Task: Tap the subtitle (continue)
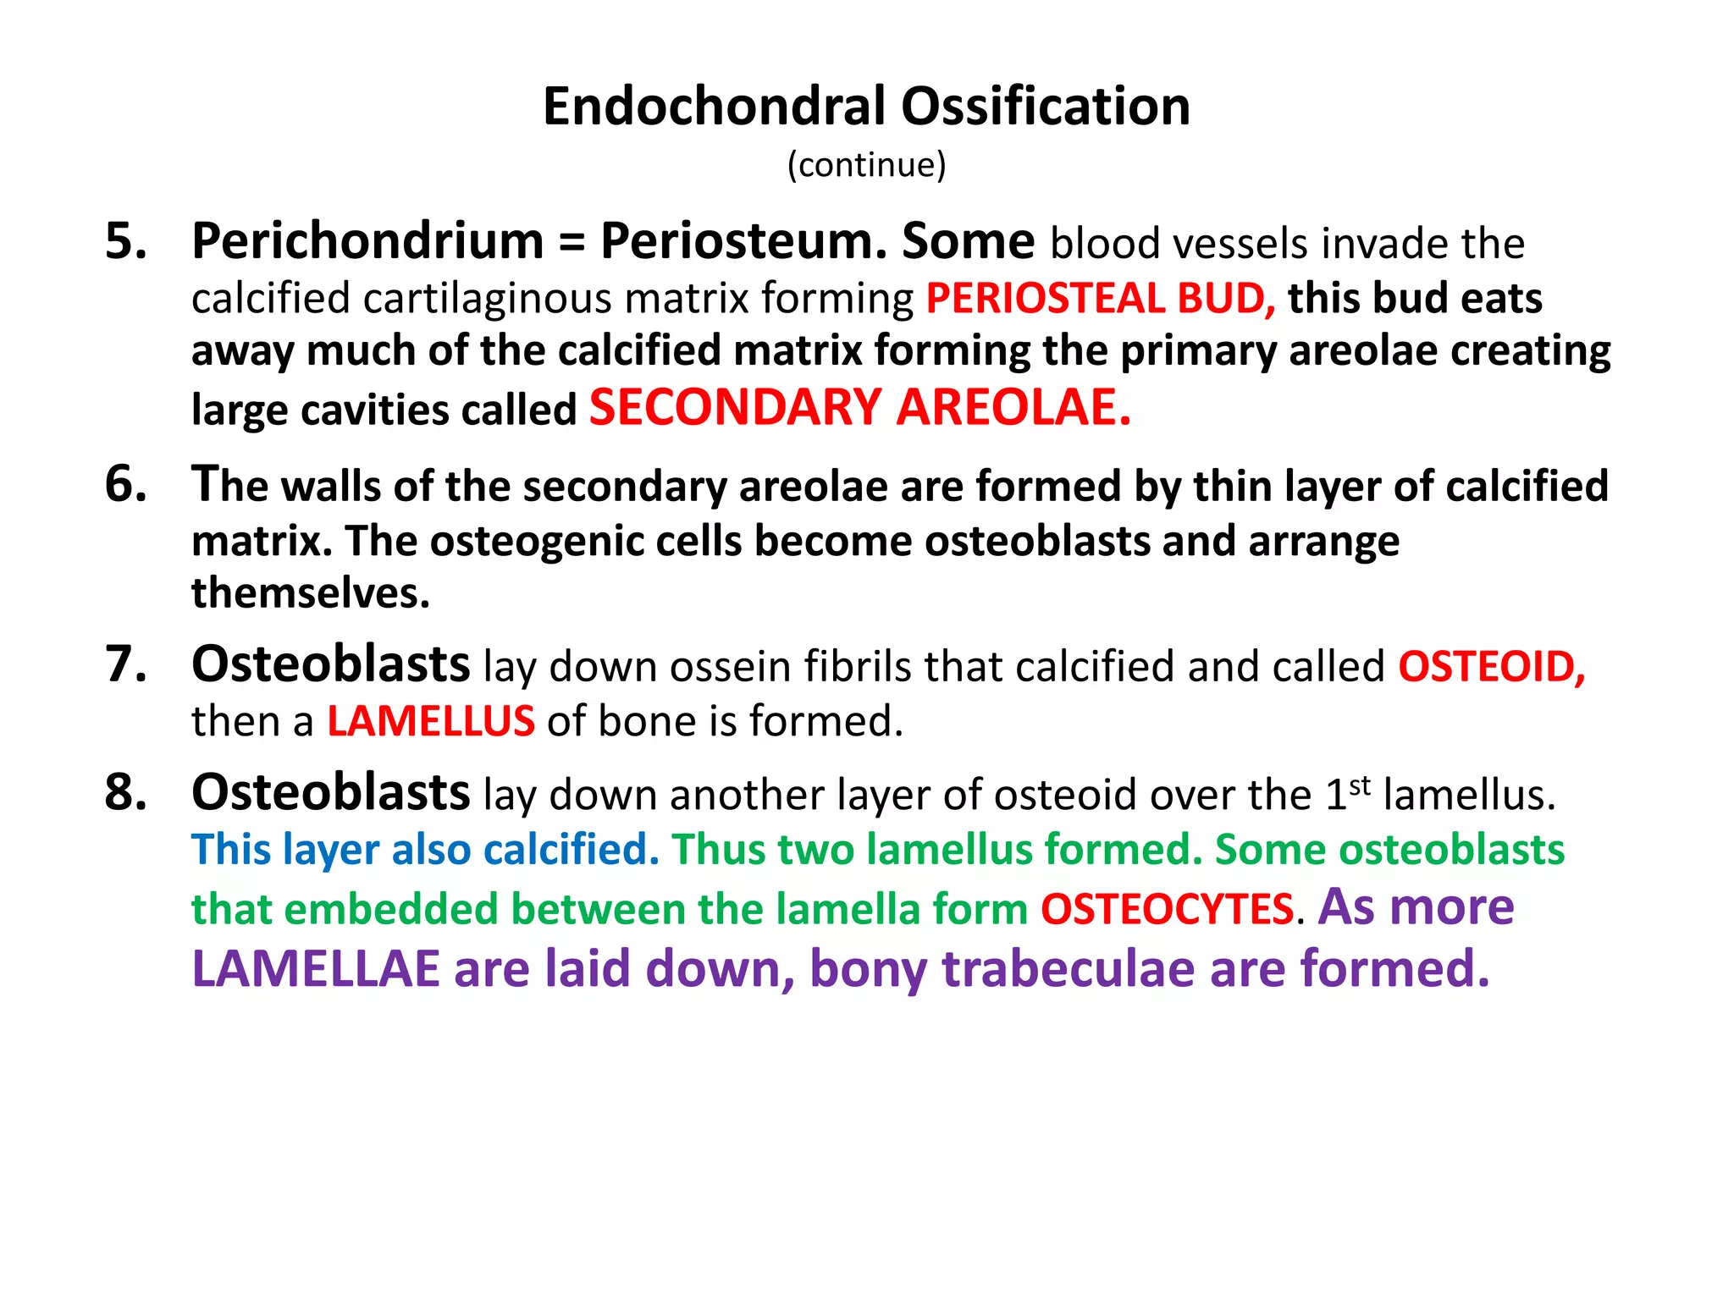point(866,164)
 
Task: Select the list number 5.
point(125,241)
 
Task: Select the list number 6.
point(125,485)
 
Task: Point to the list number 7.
point(125,664)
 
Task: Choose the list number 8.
point(125,793)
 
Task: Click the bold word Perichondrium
point(367,242)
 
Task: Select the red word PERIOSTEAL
point(1045,299)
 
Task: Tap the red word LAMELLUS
point(431,722)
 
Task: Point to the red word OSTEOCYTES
point(1167,910)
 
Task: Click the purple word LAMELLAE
point(316,969)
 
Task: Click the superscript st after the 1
point(1360,785)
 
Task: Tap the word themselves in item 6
point(311,593)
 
